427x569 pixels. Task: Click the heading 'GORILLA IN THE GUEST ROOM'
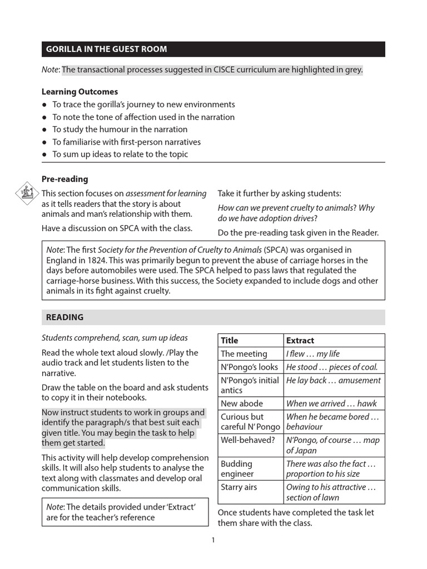(106, 49)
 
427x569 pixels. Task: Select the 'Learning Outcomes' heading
(80, 92)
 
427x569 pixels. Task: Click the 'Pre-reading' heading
(64, 179)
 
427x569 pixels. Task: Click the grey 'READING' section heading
(64, 317)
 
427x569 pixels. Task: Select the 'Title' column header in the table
(229, 341)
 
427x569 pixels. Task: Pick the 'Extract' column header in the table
(300, 341)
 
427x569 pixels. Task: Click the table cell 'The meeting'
(244, 354)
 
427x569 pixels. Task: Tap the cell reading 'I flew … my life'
(312, 354)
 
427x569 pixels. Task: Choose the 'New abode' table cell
(242, 403)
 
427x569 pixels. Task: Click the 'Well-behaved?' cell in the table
(247, 440)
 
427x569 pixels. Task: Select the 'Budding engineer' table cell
(237, 468)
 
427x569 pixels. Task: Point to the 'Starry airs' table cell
(239, 487)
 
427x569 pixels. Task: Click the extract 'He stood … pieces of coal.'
(331, 367)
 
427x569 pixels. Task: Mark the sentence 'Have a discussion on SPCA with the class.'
(117, 228)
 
